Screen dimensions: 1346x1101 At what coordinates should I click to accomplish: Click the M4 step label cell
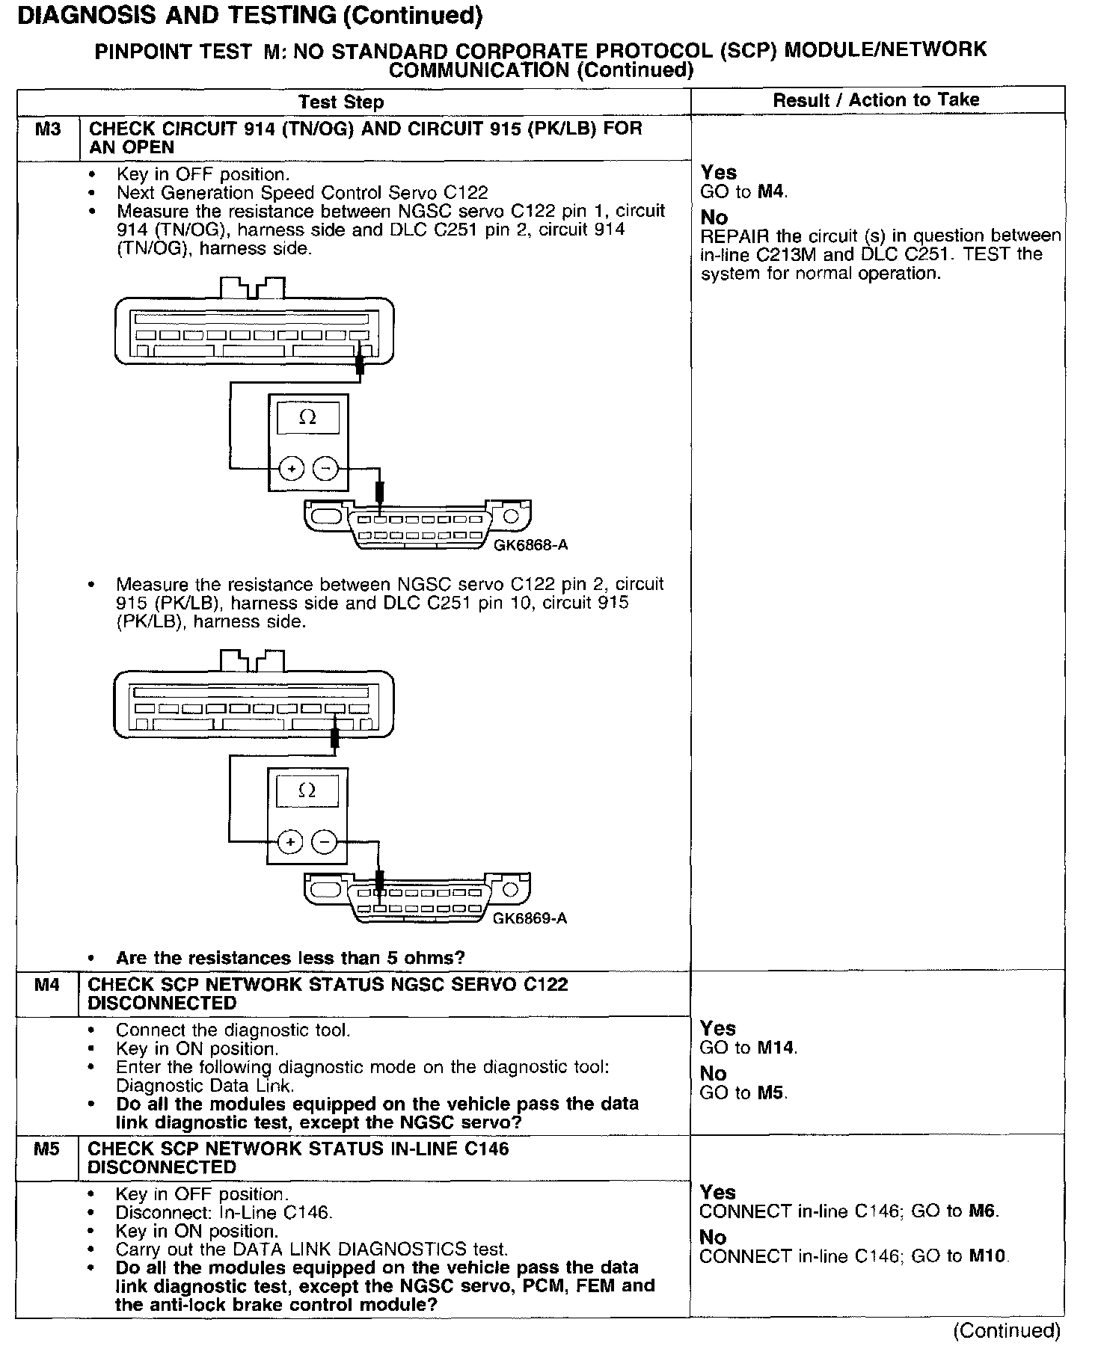[x=47, y=986]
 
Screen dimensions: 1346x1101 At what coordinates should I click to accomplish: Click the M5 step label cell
[x=46, y=1149]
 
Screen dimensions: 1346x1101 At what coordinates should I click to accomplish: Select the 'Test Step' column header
[x=340, y=102]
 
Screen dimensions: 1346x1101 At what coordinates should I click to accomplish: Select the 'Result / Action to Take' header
[x=876, y=100]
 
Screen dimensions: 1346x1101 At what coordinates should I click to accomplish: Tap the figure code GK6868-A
[x=530, y=545]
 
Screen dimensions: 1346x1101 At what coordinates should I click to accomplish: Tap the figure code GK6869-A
[x=530, y=918]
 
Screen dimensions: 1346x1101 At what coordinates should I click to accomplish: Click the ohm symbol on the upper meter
[x=307, y=418]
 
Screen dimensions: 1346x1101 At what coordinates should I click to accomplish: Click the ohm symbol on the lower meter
[x=307, y=790]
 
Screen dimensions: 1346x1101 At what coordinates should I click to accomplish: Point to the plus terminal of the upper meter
[x=291, y=470]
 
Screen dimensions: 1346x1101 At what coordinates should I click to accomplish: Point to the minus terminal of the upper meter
[x=325, y=470]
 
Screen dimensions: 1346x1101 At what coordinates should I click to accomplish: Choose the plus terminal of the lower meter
[x=290, y=842]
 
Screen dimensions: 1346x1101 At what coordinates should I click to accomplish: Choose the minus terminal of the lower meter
[x=325, y=842]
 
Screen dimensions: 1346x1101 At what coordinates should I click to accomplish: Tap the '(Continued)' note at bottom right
[x=1006, y=1330]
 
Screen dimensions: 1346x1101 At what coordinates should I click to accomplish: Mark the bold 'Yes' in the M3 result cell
[x=718, y=173]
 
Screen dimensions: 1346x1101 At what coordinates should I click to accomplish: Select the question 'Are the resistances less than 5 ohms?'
[x=290, y=958]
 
